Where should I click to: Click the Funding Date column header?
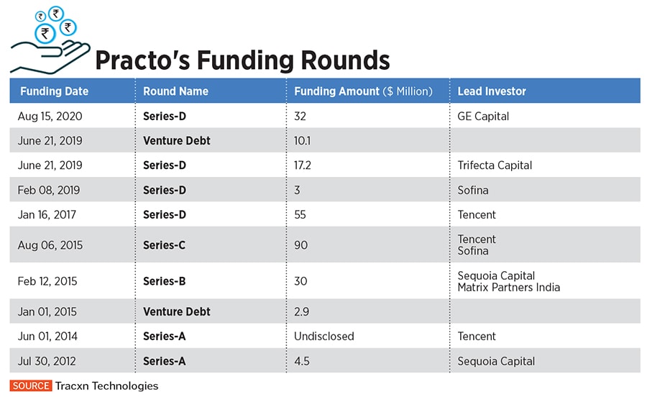(54, 91)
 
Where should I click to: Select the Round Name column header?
(175, 91)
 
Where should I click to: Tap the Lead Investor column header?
(492, 91)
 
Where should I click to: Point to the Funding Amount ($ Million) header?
(363, 91)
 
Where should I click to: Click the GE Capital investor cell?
(483, 117)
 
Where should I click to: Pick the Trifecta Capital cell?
(495, 165)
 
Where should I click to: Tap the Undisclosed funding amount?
(324, 336)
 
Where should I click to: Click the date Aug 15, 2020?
(50, 117)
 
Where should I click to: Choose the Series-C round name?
(164, 245)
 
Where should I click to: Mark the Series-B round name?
(164, 281)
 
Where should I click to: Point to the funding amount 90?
(300, 245)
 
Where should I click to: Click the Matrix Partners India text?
(508, 288)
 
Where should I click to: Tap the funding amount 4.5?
(302, 361)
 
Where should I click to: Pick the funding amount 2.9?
(302, 312)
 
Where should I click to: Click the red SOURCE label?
(31, 386)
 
